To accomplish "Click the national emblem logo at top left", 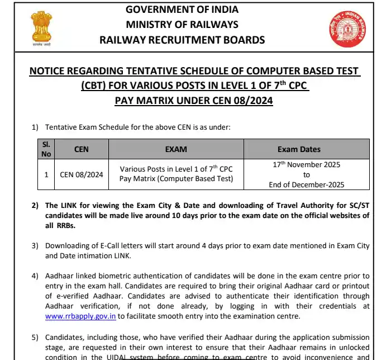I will (41, 27).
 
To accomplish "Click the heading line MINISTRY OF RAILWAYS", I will (182, 25).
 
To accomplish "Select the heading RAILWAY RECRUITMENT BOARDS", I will (182, 40).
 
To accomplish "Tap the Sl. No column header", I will (46, 149).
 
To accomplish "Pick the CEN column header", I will (82, 149).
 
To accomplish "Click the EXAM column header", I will (176, 149).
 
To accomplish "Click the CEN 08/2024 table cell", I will (82, 174).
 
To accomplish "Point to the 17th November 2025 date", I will (306, 165).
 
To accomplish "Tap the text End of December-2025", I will (306, 184).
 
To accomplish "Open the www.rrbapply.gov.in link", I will (80, 316).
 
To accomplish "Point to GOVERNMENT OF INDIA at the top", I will (182, 10).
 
